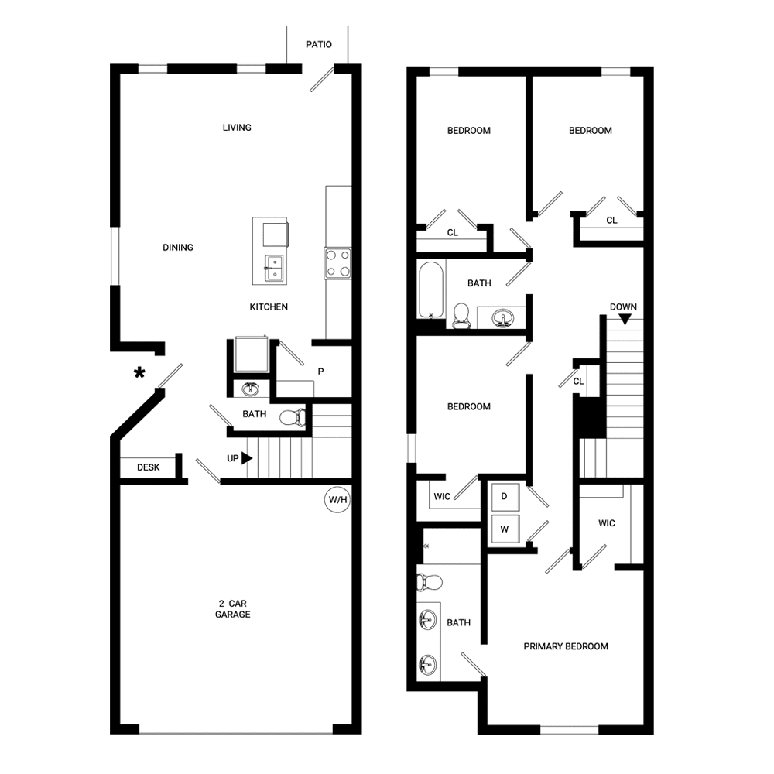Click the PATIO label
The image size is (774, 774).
click(x=318, y=44)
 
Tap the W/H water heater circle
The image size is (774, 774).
click(x=338, y=501)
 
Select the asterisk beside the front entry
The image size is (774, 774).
click(x=139, y=374)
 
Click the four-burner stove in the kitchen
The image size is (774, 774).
click(x=337, y=262)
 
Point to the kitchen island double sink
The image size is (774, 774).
click(x=273, y=268)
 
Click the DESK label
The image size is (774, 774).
click(x=148, y=467)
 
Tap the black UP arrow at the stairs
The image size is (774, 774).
click(x=247, y=458)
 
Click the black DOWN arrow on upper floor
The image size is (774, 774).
click(x=624, y=317)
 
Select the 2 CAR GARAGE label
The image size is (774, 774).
click(x=233, y=609)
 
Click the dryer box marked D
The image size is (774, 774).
click(x=504, y=497)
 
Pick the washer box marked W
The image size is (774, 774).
click(x=504, y=530)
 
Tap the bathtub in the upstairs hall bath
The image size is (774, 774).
click(x=430, y=289)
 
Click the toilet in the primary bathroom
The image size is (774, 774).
click(x=430, y=581)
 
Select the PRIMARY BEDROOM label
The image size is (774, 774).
click(x=566, y=646)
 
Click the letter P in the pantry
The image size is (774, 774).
click(x=320, y=371)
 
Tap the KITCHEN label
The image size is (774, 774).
click(x=269, y=307)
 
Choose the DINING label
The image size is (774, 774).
click(x=178, y=248)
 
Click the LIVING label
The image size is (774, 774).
click(x=237, y=128)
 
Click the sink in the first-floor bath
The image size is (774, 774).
click(x=251, y=389)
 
